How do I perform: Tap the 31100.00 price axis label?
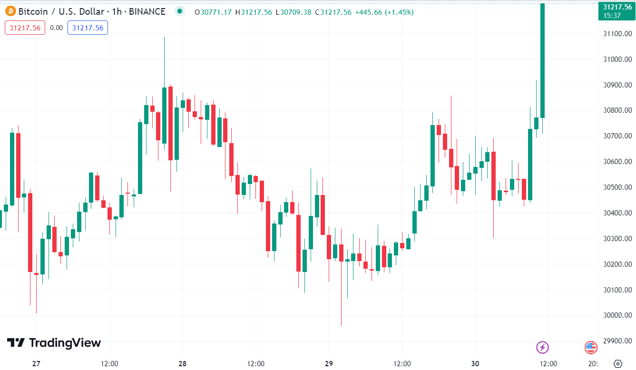[617, 34]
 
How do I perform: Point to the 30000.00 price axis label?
[617, 315]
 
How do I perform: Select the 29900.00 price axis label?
[617, 341]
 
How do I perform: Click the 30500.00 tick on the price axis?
[617, 187]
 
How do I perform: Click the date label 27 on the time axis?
[36, 364]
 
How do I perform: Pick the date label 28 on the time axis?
[183, 364]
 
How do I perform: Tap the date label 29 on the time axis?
[329, 364]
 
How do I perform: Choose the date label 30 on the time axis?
[475, 364]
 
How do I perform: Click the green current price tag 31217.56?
[616, 10]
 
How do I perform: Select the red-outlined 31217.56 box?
[25, 28]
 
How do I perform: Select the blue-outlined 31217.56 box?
[88, 28]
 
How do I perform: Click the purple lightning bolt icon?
[542, 347]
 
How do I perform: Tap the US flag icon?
[591, 347]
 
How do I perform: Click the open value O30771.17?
[214, 12]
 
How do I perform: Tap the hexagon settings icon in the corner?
[617, 364]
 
